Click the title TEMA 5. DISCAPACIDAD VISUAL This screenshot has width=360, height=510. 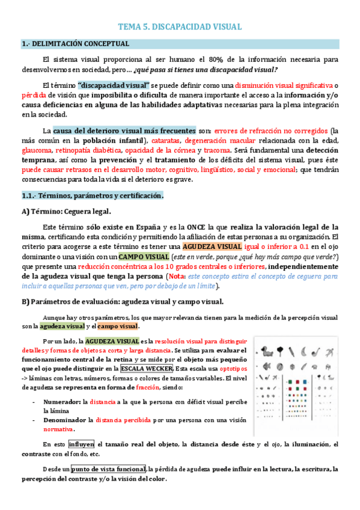[180, 26]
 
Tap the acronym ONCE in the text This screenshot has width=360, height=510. [196, 227]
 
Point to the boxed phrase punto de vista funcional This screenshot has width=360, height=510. [108, 469]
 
